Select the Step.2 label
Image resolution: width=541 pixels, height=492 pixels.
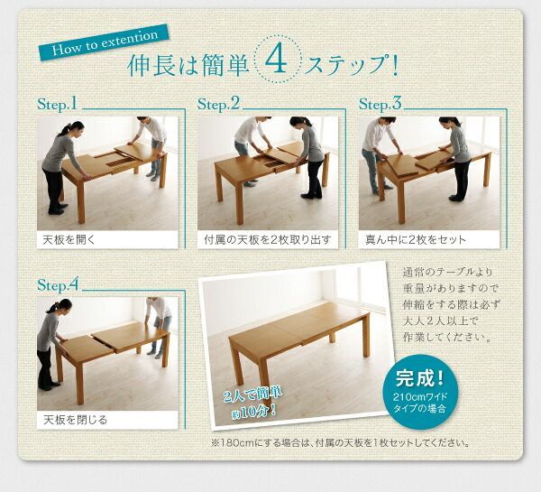click(x=222, y=106)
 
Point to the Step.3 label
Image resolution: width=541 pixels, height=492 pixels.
click(x=380, y=106)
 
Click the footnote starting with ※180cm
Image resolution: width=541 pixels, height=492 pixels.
click(x=337, y=443)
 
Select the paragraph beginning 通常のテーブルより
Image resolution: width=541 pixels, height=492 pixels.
click(x=447, y=305)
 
